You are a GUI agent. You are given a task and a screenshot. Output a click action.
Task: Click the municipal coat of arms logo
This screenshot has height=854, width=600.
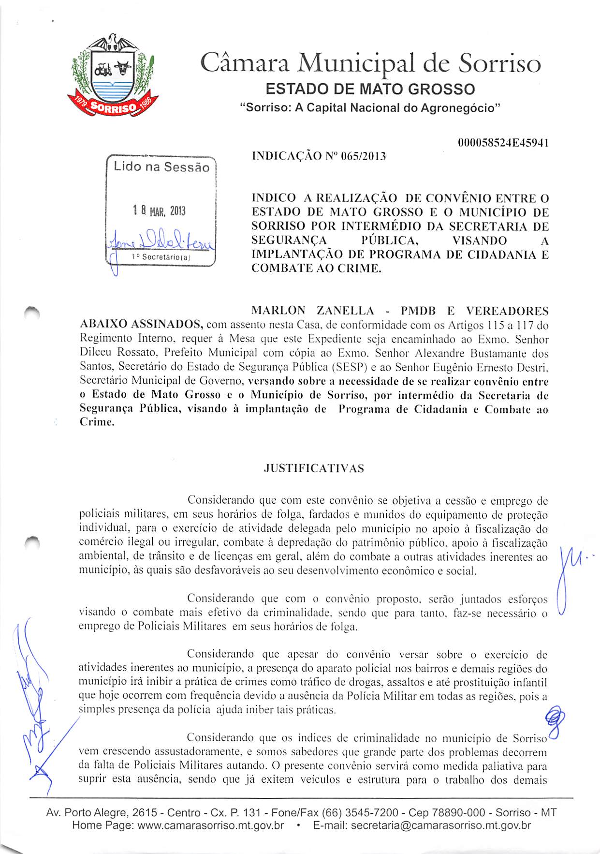113,75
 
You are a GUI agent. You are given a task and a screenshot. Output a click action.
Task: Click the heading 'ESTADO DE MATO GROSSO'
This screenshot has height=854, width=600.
370,89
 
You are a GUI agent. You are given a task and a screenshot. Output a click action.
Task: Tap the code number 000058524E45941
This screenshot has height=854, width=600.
502,143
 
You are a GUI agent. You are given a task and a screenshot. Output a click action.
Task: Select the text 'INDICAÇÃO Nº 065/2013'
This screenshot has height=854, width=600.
319,156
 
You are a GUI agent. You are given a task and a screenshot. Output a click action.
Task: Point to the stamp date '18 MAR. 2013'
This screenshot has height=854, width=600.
159,211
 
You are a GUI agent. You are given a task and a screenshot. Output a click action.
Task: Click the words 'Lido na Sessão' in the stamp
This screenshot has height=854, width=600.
161,167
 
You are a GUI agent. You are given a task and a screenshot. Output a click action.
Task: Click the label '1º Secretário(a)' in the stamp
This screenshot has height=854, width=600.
161,257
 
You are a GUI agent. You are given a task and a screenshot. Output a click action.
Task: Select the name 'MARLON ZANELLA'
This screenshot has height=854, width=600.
313,311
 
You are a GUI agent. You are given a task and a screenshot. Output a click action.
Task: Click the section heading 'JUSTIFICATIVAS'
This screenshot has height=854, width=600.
314,468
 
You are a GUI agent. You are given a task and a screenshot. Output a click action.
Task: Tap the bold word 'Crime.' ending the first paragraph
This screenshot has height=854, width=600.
97,422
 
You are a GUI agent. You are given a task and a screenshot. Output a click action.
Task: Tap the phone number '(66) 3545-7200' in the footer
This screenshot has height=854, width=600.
360,812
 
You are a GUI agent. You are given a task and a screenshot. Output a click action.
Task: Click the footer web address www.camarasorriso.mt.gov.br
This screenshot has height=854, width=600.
210,825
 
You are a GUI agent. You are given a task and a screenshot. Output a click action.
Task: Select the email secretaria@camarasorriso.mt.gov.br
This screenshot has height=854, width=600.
440,825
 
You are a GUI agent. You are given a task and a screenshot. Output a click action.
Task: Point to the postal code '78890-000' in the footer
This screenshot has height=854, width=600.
461,812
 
